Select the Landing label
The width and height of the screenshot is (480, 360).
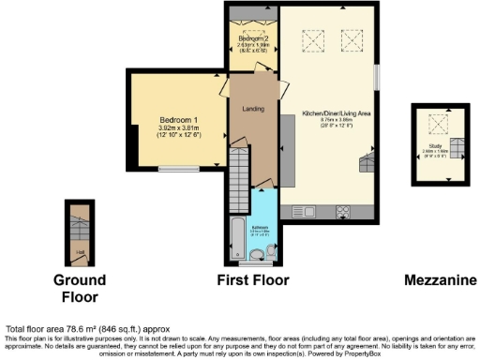point(251,108)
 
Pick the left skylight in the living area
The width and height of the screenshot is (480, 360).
point(308,39)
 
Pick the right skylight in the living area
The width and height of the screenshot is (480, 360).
point(352,39)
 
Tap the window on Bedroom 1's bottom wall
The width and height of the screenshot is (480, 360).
point(175,169)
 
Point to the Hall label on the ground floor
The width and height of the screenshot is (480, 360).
point(80,251)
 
